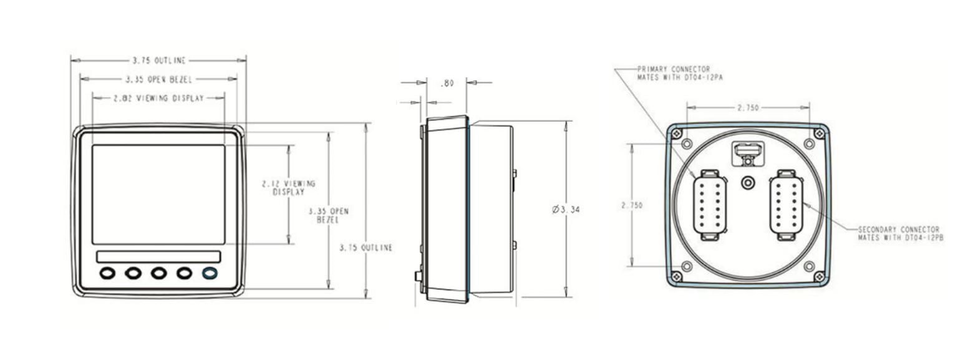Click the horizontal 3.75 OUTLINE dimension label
158,61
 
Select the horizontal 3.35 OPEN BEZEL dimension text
158,79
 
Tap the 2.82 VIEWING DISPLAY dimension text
158,98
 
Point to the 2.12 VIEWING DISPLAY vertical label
288,188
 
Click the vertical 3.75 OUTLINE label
366,248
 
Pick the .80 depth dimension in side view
447,83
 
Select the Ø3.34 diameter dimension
566,210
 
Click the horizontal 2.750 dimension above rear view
748,108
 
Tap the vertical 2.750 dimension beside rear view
632,205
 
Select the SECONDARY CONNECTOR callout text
900,233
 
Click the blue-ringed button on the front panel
210,273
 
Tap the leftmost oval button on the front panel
107,273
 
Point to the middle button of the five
158,273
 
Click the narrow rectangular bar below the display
158,257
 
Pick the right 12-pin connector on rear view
785,205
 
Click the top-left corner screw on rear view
677,133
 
